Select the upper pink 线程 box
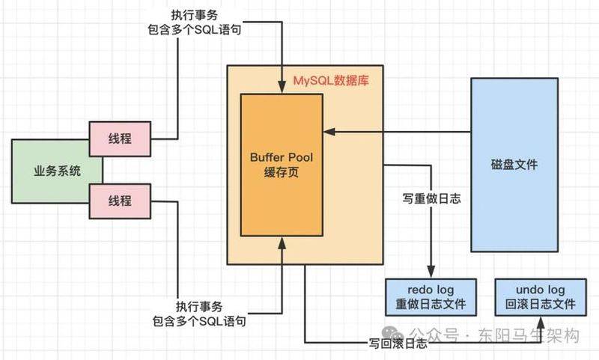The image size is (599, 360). [x=120, y=138]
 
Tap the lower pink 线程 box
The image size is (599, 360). [x=120, y=201]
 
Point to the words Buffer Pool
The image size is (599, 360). [x=281, y=158]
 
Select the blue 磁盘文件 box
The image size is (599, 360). [x=513, y=165]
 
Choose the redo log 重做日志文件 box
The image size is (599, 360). [x=431, y=296]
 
